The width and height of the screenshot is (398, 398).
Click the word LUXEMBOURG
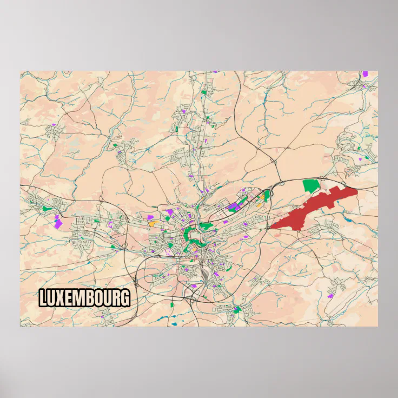point(84,298)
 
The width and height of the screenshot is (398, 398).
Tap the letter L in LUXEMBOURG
point(43,298)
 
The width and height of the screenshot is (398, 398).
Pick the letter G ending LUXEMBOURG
point(125,298)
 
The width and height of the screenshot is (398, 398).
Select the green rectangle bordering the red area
point(310,185)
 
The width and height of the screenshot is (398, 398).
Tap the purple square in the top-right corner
point(365,74)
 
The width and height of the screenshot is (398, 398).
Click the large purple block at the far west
point(57,222)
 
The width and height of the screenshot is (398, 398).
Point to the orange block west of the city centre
point(152,222)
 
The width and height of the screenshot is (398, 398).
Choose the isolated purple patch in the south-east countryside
point(330,296)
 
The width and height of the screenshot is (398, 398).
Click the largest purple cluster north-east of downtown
point(235,206)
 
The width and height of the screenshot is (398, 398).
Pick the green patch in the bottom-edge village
point(237,309)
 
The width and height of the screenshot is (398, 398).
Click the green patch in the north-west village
point(115,145)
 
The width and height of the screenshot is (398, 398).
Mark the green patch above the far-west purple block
point(48,208)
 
